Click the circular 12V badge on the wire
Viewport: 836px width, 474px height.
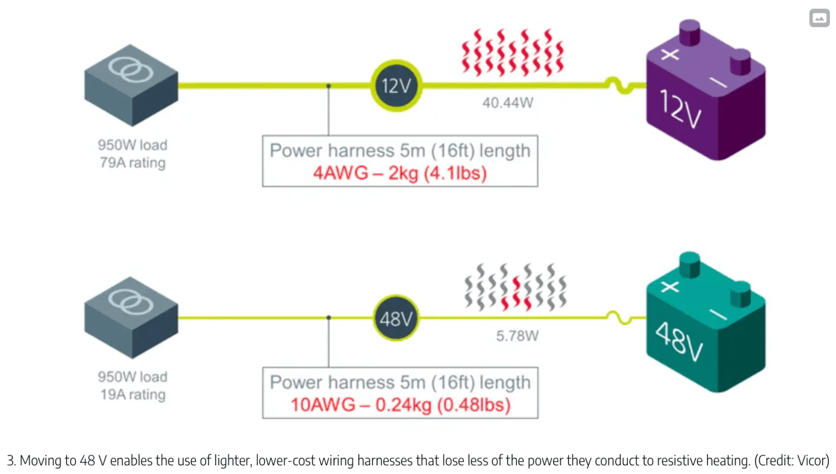[396, 85]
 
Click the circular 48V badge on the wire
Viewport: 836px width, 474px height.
[396, 318]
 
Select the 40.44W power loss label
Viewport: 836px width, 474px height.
[508, 103]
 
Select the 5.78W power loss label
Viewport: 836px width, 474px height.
[517, 336]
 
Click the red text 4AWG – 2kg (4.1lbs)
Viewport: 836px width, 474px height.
[400, 173]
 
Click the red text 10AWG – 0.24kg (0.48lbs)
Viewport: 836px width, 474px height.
[400, 405]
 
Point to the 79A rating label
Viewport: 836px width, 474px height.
[133, 163]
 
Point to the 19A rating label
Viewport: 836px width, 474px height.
[133, 395]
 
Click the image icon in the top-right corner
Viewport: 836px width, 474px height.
[819, 18]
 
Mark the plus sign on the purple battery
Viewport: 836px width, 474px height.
[670, 54]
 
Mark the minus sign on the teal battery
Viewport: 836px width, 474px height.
[718, 314]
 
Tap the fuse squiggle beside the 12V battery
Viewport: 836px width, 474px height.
[620, 85]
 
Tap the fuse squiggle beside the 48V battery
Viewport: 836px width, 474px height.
[620, 317]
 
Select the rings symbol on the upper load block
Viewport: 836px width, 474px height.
[131, 70]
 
